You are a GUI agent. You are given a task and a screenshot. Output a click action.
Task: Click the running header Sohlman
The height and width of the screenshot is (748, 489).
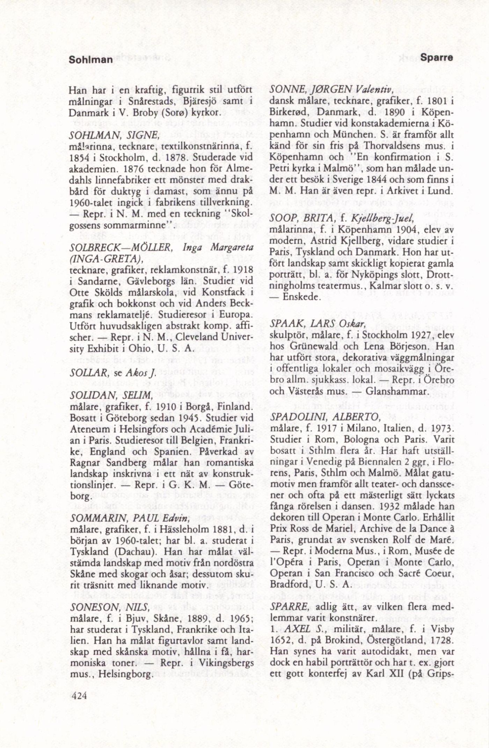point(91,60)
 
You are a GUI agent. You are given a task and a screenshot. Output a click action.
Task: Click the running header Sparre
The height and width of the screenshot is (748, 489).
point(437,58)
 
